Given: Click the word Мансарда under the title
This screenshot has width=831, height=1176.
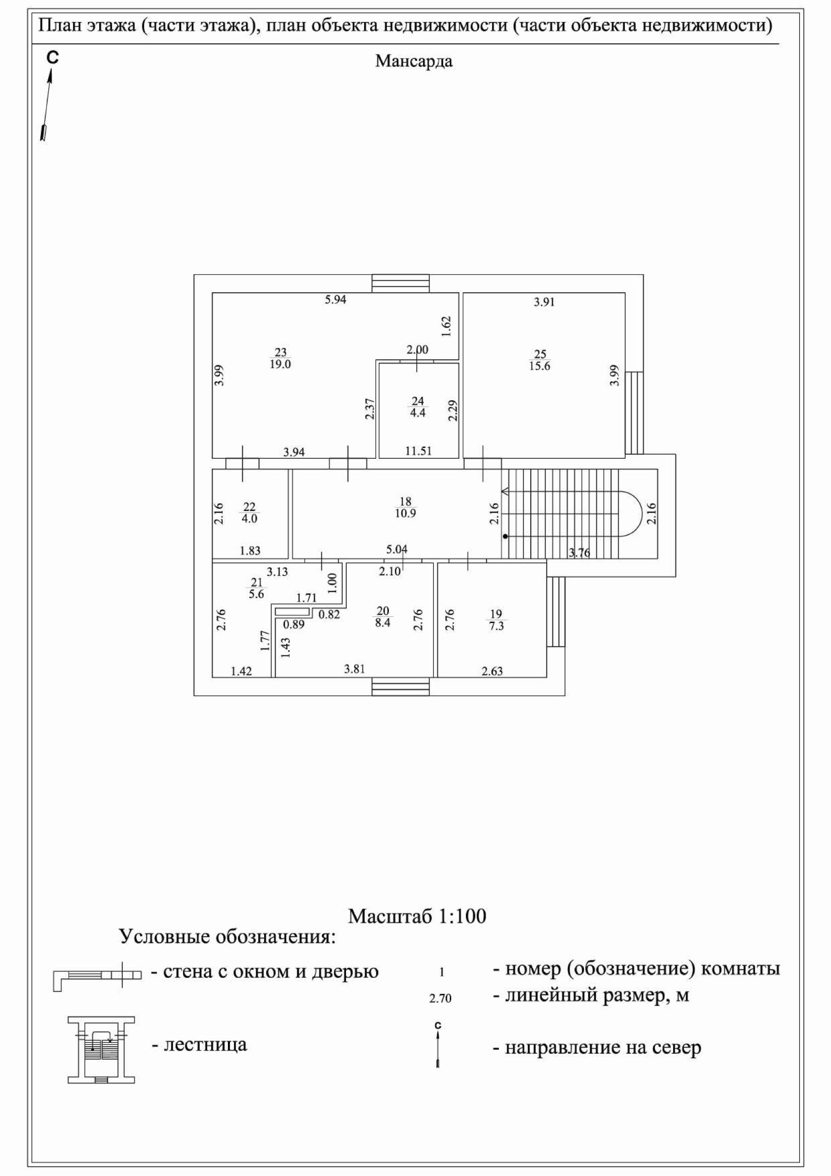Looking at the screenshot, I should tap(413, 61).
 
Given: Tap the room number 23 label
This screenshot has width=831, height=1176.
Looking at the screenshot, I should tap(280, 353).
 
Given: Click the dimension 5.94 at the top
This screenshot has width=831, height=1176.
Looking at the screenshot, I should tap(336, 300).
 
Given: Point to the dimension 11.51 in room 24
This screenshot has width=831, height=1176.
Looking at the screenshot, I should tap(418, 451).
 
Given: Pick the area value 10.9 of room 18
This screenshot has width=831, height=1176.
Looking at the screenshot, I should tap(405, 513).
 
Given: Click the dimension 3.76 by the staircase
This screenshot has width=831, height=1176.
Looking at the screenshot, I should tap(579, 553).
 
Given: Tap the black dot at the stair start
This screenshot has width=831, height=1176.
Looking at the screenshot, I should tap(505, 537).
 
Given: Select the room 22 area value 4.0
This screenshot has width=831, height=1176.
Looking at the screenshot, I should tap(249, 519).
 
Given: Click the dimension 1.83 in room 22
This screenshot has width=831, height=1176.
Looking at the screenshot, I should tap(250, 551).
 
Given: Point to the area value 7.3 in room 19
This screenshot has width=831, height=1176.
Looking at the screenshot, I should tap(496, 626).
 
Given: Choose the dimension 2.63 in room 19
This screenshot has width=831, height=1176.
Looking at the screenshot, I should tap(492, 671).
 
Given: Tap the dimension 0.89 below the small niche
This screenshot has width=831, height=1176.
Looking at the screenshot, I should tap(294, 624).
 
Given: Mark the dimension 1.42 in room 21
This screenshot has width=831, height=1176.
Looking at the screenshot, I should tap(241, 671).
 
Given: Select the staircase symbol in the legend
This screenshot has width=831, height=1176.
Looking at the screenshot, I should tap(101, 1050).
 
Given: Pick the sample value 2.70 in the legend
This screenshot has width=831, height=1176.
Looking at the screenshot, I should tap(440, 999).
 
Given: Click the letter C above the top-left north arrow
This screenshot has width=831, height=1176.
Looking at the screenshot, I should tap(52, 58).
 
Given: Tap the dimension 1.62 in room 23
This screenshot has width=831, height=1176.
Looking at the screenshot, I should tap(446, 326).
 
